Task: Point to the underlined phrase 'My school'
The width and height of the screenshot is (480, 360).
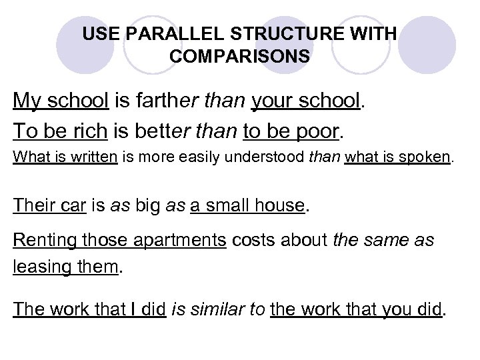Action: tap(61, 101)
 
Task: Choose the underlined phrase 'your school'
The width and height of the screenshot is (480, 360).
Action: tap(306, 101)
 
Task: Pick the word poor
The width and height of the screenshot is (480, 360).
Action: tap(317, 131)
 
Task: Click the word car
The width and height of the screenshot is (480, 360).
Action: tap(73, 205)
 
